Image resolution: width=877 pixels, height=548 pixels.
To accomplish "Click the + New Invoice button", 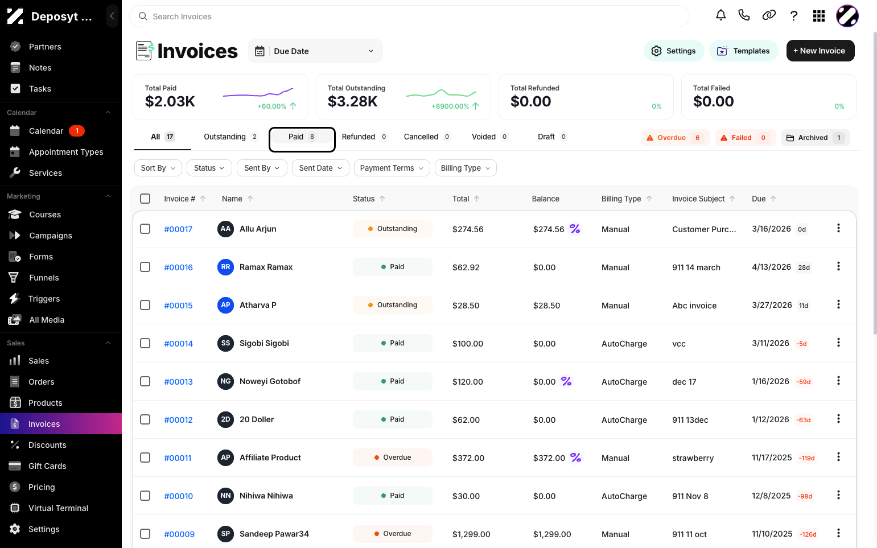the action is point(820,51).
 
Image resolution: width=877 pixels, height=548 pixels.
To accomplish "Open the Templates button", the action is point(743,51).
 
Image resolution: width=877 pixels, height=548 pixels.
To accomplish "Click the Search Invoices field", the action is point(409,17).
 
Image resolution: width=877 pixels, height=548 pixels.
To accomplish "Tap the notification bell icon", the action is point(721,16).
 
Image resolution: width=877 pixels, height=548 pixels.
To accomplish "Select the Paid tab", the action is point(302,137).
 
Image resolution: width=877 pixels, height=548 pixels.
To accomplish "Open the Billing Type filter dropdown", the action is point(466,168).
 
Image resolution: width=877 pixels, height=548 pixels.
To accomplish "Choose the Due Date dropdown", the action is point(315,51).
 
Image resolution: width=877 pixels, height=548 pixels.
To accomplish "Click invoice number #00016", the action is point(179,267).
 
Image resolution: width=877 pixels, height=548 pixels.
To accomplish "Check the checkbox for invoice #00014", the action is point(145,343).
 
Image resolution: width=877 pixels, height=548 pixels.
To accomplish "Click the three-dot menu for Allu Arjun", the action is point(838,228).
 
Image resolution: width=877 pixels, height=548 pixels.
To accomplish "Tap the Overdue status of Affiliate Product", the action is point(393,458).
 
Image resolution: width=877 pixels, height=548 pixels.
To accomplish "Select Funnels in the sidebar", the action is point(44,278).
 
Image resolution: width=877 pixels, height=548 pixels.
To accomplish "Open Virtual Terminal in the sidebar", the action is point(59,508).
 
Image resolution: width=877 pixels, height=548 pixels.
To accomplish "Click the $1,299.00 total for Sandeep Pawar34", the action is point(471,534).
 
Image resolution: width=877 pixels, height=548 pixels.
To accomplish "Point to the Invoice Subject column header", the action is point(698,199).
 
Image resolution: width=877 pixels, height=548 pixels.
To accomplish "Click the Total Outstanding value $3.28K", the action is point(352,101).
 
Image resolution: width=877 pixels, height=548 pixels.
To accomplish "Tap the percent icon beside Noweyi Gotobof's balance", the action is point(566,381).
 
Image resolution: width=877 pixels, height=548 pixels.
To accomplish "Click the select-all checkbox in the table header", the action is point(145,199).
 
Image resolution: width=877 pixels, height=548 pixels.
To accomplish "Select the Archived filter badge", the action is point(816,138).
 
